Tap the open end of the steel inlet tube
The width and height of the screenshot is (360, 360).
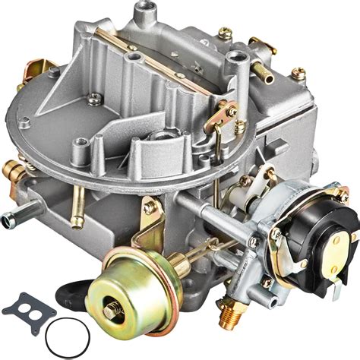pyautogui.click(x=8, y=220)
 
